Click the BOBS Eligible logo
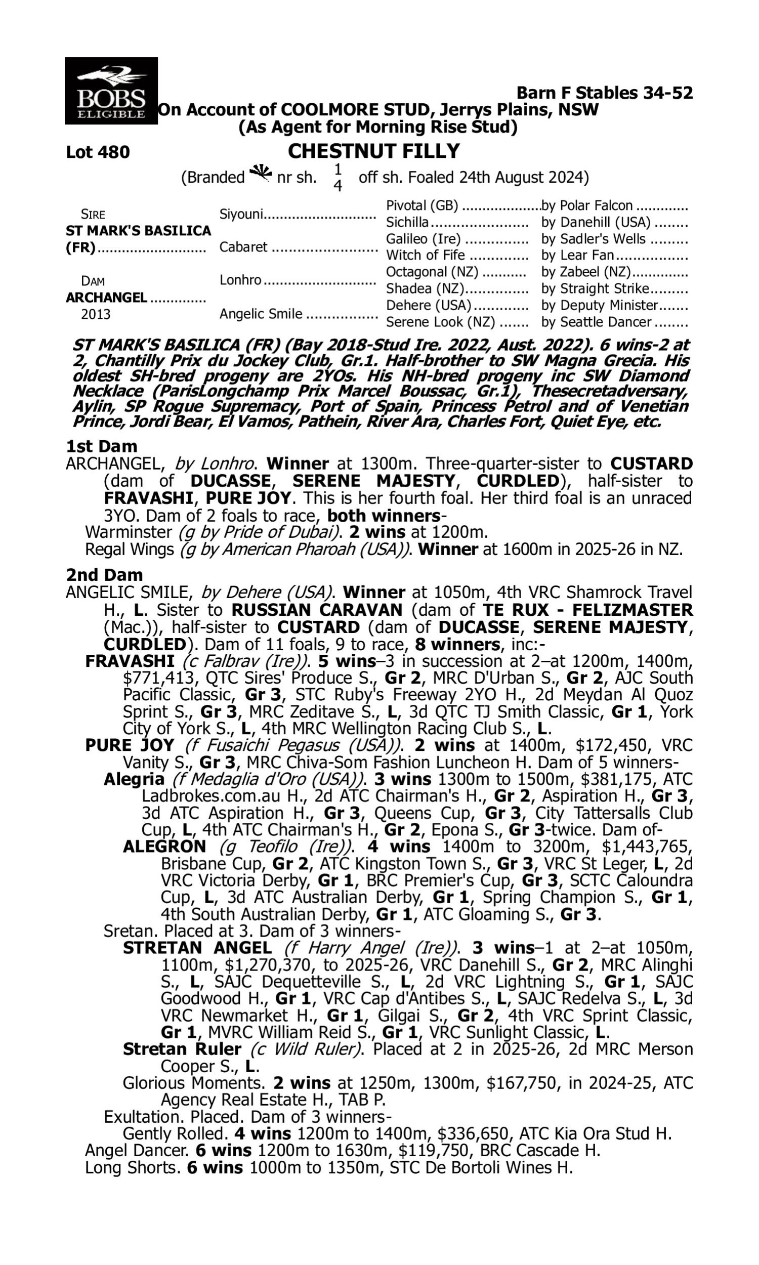click(111, 91)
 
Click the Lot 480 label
click(98, 152)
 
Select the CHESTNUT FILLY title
click(374, 151)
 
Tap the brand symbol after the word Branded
click(260, 174)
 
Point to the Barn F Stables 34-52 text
click(605, 93)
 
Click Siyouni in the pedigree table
click(241, 214)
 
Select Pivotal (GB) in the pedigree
click(423, 205)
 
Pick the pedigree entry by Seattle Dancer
click(597, 322)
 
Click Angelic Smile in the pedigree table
click(261, 313)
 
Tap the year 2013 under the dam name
click(96, 314)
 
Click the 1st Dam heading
click(102, 446)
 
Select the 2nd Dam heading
click(104, 575)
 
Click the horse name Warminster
click(129, 532)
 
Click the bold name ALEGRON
click(164, 846)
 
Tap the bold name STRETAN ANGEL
click(197, 948)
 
